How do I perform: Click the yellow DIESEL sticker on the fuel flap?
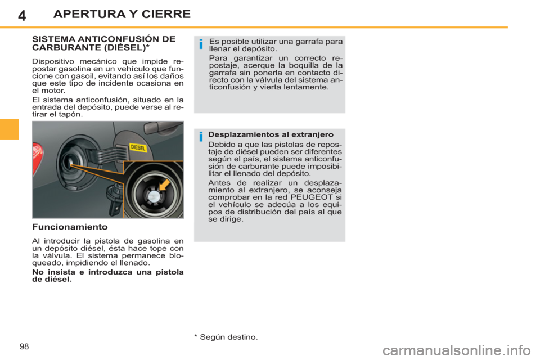click(138, 147)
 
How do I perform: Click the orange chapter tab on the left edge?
click(10, 129)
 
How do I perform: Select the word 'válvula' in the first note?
click(276, 80)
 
